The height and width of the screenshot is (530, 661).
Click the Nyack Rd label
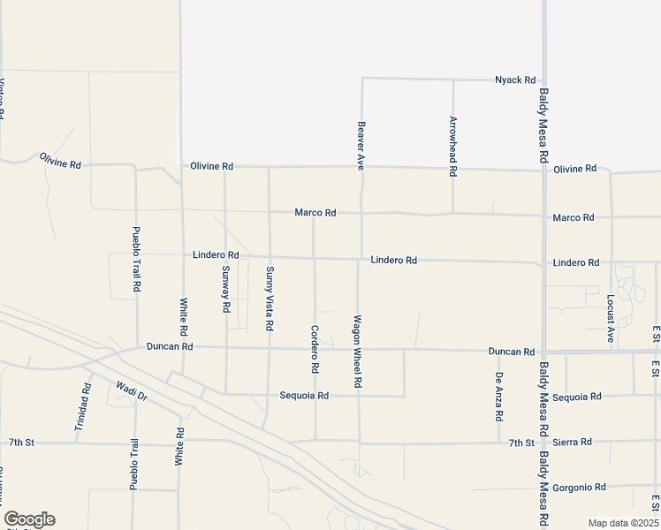click(515, 79)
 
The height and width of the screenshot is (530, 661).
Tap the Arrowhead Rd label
click(453, 147)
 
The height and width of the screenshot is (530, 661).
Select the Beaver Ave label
click(361, 145)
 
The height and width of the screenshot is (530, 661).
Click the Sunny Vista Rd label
click(270, 299)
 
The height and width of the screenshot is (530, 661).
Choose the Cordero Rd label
click(315, 348)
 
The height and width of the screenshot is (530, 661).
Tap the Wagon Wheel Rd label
click(358, 352)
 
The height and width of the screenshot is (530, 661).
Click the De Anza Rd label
click(499, 397)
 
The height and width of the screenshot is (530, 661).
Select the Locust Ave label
click(611, 318)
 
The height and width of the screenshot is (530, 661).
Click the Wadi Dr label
click(131, 390)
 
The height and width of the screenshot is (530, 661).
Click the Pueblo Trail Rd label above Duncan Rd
click(136, 260)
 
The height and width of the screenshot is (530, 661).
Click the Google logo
click(29, 519)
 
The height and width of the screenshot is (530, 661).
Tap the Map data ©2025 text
click(623, 523)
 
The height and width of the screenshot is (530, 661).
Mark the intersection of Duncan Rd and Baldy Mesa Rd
click(544, 352)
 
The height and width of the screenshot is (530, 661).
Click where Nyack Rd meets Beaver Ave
click(362, 78)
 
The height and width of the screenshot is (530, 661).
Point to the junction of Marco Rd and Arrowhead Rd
click(453, 214)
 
